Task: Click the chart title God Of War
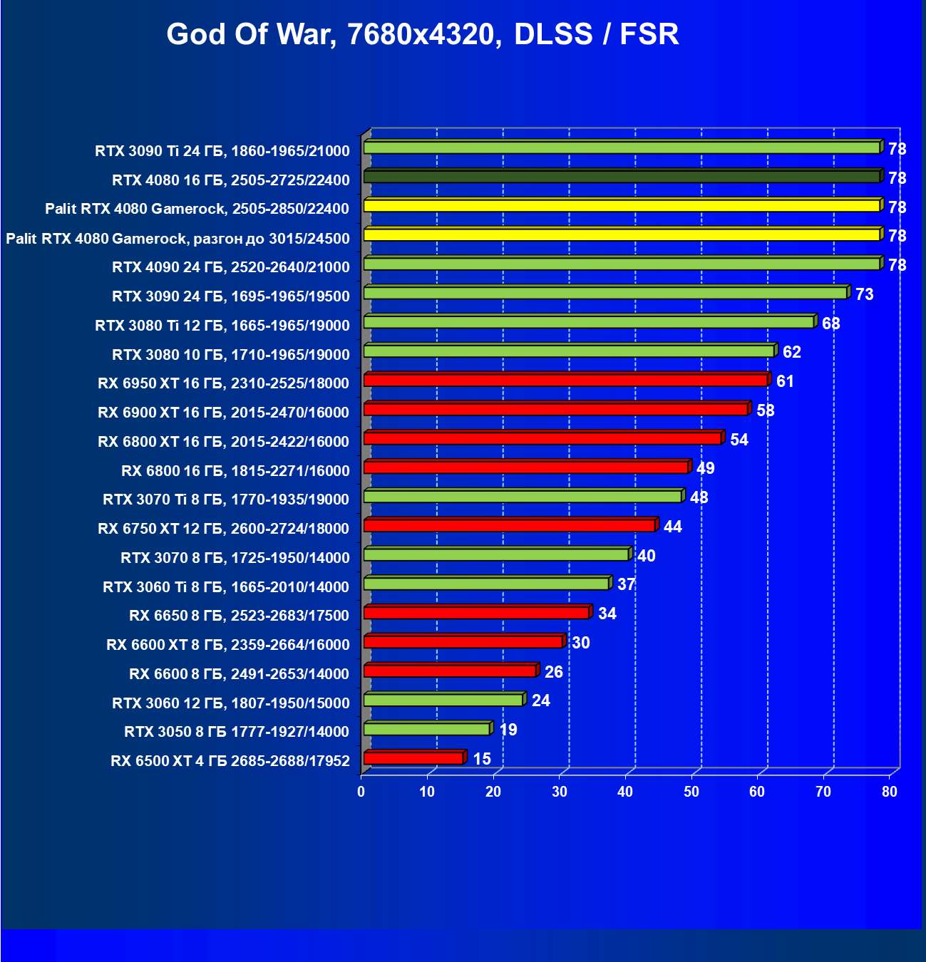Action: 422,34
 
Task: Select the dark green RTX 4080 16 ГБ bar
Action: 622,177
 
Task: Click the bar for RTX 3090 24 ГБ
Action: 605,293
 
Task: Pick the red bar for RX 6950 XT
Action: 565,381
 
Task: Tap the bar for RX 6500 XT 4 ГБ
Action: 413,758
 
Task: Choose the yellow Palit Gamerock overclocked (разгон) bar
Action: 622,234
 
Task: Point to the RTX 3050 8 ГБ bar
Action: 426,729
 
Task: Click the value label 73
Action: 864,294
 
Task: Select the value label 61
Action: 785,381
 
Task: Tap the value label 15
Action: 482,759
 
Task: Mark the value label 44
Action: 672,527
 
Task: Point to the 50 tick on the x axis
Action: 691,792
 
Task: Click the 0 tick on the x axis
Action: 361,792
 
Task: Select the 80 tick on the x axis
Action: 889,792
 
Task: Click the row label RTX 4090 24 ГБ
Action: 231,267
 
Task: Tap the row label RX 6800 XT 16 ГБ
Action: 223,442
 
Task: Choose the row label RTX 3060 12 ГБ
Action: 231,703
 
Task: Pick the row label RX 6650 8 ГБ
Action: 239,616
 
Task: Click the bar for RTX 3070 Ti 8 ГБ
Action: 523,497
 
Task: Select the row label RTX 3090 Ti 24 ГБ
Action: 222,151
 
